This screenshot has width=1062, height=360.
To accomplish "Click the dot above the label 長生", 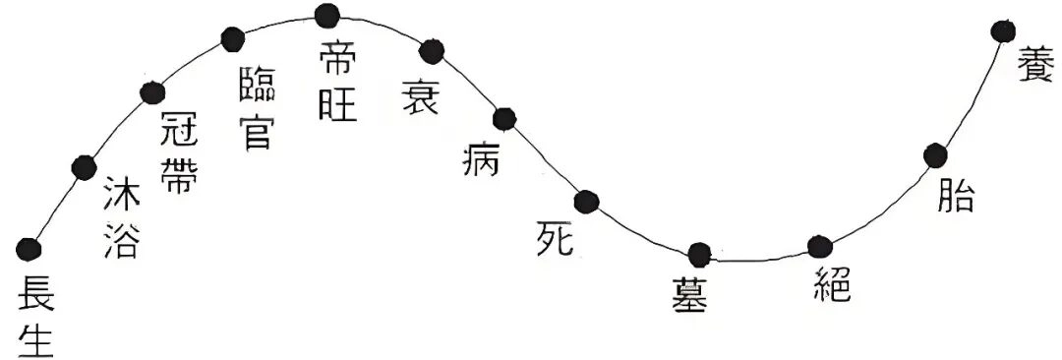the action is coord(29,248).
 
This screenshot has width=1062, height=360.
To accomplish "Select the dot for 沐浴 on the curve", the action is coord(85,166).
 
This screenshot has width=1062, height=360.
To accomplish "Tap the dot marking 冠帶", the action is coord(151,93).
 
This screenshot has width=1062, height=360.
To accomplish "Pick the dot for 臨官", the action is coord(232,39).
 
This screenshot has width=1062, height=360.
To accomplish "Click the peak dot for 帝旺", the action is coord(328,15).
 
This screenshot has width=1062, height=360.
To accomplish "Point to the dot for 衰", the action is coord(432,51).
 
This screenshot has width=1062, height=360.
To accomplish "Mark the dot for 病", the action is coord(504,119).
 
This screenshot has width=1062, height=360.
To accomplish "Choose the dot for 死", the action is coord(587,202).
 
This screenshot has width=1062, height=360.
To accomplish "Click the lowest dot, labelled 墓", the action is coord(699,256).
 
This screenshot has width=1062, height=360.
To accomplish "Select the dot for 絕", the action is coord(819,247).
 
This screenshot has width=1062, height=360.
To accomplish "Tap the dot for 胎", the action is coord(935,154).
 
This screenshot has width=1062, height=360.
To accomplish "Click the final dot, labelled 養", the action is coord(1004,31).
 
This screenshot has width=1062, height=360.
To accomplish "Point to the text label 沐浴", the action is coord(120,218).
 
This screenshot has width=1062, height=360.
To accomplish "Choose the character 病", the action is coord(482,158).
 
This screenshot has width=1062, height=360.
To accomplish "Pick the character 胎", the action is coord(955,197).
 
